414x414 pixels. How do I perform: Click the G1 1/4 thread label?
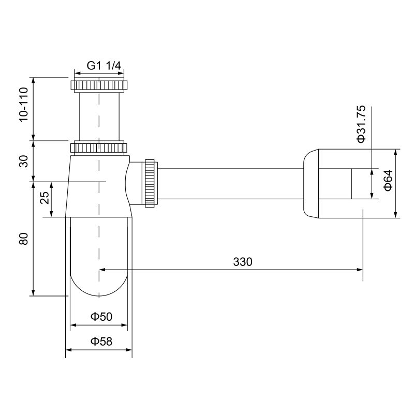[x=103, y=66]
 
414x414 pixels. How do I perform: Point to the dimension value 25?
[x=45, y=199]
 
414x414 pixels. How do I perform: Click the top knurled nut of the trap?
[x=98, y=85]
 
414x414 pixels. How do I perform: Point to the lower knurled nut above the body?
[x=98, y=148]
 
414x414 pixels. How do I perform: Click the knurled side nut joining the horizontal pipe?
[x=151, y=183]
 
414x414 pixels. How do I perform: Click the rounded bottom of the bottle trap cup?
[x=98, y=285]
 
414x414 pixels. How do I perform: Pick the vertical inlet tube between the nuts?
[x=98, y=116]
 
